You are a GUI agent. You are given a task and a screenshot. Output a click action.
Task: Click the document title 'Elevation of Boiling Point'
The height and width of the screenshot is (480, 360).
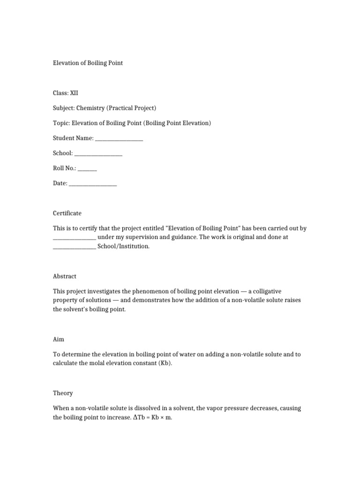88,63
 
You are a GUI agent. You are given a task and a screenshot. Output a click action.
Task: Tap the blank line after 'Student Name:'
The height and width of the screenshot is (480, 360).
119,138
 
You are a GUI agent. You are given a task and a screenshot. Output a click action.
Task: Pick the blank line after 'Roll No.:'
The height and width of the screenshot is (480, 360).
87,168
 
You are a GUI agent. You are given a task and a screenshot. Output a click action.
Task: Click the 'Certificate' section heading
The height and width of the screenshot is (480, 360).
67,213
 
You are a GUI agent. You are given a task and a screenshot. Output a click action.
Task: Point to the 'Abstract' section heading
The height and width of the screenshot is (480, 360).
65,276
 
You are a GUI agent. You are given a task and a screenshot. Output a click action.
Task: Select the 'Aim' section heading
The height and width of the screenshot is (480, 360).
59,339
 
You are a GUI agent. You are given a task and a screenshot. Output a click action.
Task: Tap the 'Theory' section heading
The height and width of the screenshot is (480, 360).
63,393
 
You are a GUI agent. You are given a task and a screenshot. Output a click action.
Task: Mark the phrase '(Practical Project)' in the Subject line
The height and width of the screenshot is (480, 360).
132,108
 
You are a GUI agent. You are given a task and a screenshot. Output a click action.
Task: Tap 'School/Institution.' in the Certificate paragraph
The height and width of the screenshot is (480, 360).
124,246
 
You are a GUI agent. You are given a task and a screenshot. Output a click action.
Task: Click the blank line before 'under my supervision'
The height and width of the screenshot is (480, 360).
74,237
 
